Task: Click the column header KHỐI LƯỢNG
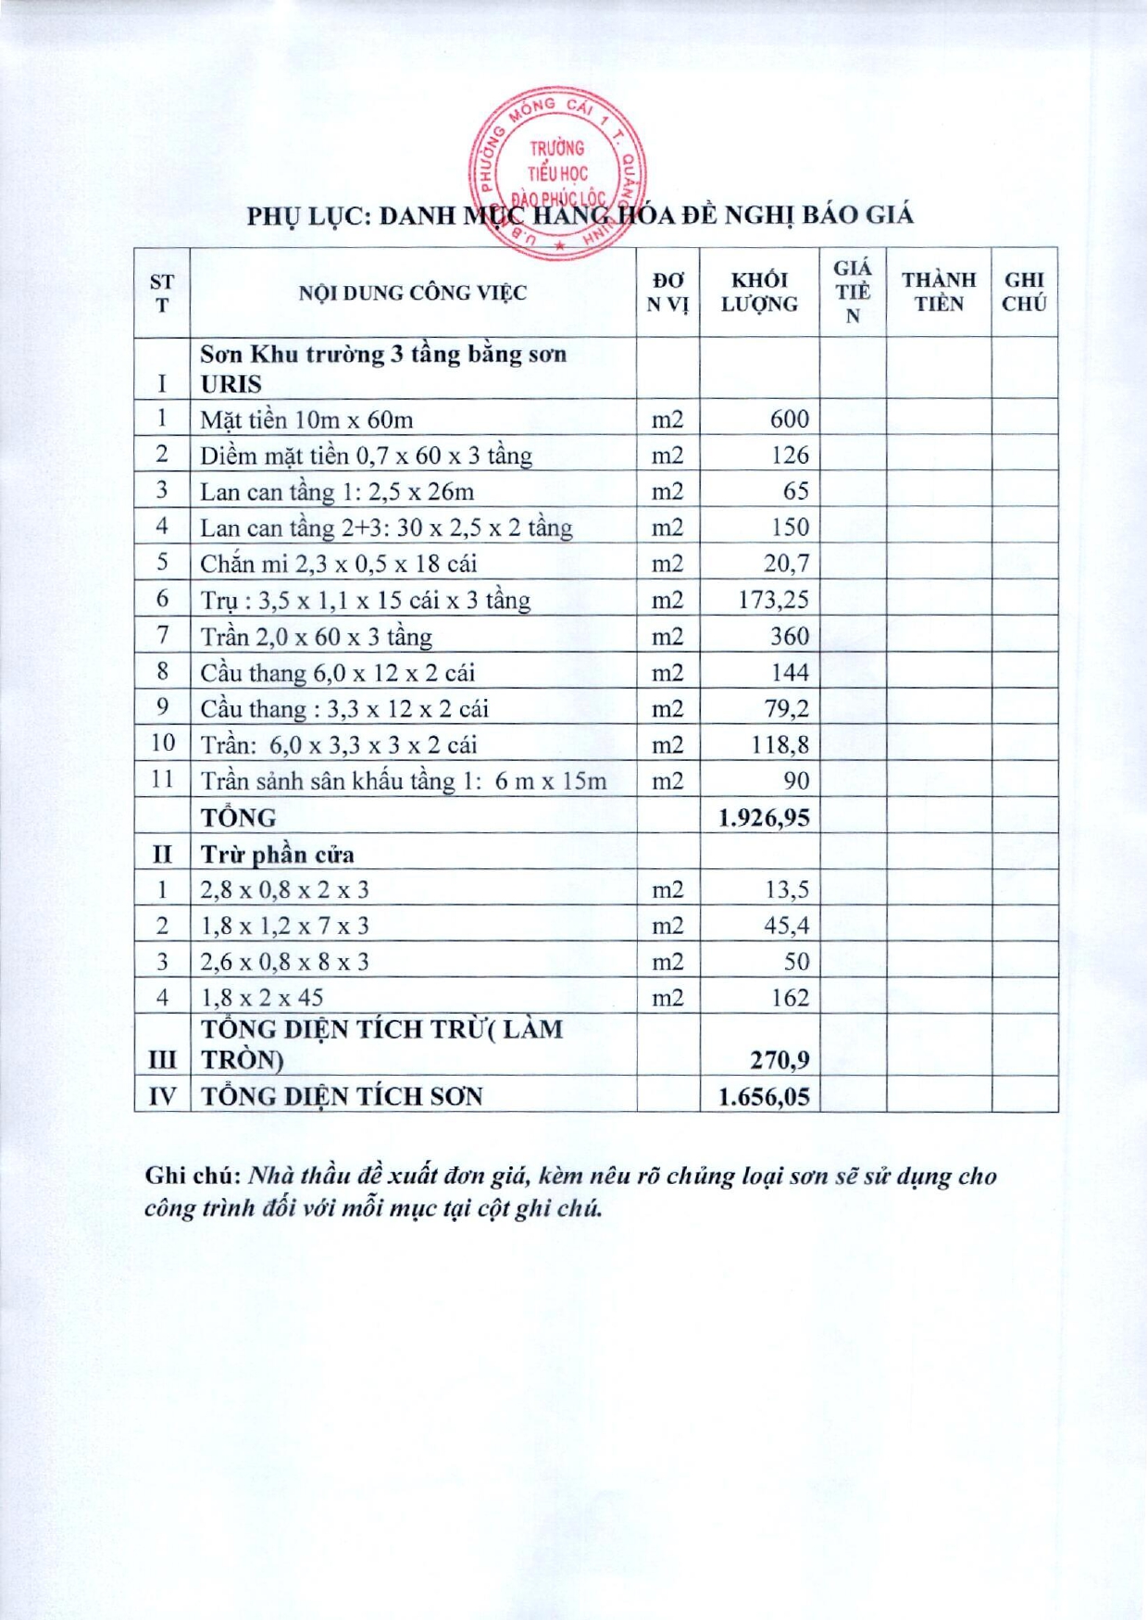759,293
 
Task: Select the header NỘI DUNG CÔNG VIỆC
412,293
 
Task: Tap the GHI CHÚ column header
1024,293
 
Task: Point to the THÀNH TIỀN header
939,293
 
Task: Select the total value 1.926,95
764,817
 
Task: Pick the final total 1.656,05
764,1097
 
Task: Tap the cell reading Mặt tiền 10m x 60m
306,420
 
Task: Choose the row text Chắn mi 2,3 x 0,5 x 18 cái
338,564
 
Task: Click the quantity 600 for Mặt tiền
789,419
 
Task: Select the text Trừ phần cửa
278,854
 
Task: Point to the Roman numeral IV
162,1097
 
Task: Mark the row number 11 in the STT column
162,779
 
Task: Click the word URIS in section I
231,384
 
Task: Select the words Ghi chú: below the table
193,1177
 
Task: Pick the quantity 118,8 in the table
780,745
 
